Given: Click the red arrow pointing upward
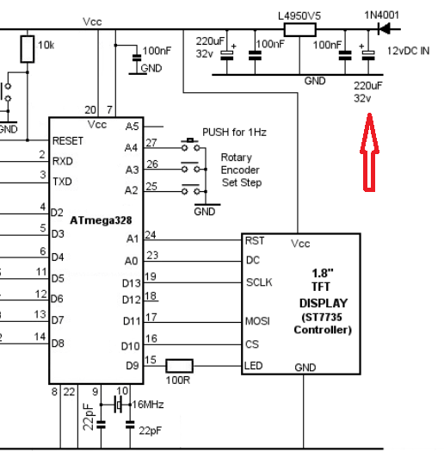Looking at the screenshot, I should point(368,153).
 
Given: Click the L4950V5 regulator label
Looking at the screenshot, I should point(300,15).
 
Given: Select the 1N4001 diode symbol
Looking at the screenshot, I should point(376,29).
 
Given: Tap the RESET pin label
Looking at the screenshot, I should point(68,140).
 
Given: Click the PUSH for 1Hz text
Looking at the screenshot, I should point(234,132).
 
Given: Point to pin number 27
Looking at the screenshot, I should point(151,143).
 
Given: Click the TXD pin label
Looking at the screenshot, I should point(62,182).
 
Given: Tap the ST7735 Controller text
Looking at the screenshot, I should point(324,324).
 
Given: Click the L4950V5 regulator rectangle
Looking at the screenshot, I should point(300,30).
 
